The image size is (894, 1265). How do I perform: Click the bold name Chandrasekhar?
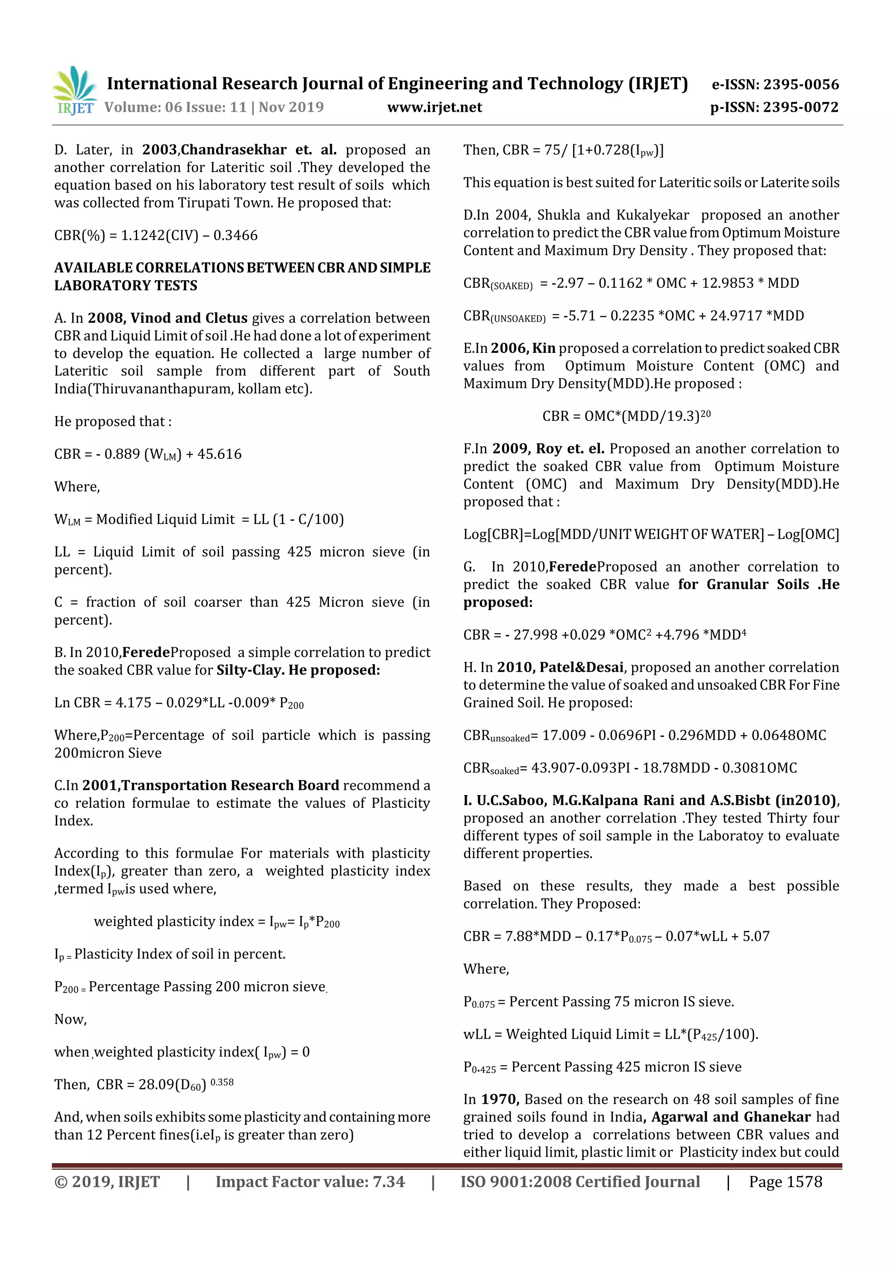tap(234, 150)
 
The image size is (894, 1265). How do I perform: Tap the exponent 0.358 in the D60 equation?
tap(222, 1082)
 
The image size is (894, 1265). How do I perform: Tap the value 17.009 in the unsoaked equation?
tap(563, 735)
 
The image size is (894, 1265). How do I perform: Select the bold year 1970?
tap(500, 1099)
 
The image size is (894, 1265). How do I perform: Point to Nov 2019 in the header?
tap(291, 107)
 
